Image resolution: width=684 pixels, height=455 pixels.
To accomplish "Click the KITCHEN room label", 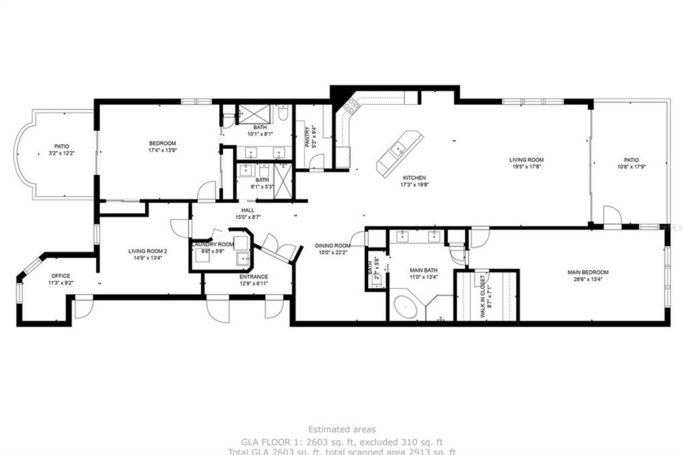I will pyautogui.click(x=414, y=178).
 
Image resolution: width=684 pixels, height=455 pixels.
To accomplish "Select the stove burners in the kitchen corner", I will pyautogui.click(x=352, y=105).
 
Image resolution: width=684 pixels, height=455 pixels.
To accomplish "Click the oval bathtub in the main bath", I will pyautogui.click(x=405, y=308).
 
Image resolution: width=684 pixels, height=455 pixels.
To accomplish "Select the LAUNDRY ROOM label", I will pyautogui.click(x=213, y=244).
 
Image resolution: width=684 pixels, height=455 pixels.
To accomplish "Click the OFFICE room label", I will pyautogui.click(x=61, y=276).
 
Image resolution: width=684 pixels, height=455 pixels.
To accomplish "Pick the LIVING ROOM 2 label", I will pyautogui.click(x=147, y=251).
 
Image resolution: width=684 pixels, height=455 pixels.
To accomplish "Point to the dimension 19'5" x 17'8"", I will pyautogui.click(x=527, y=167).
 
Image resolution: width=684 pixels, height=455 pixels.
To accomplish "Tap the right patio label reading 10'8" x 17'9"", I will pyautogui.click(x=631, y=167).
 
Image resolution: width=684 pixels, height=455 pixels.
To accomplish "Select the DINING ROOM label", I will pyautogui.click(x=334, y=246).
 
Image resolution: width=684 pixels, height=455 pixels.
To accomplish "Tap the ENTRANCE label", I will pyautogui.click(x=253, y=277).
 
